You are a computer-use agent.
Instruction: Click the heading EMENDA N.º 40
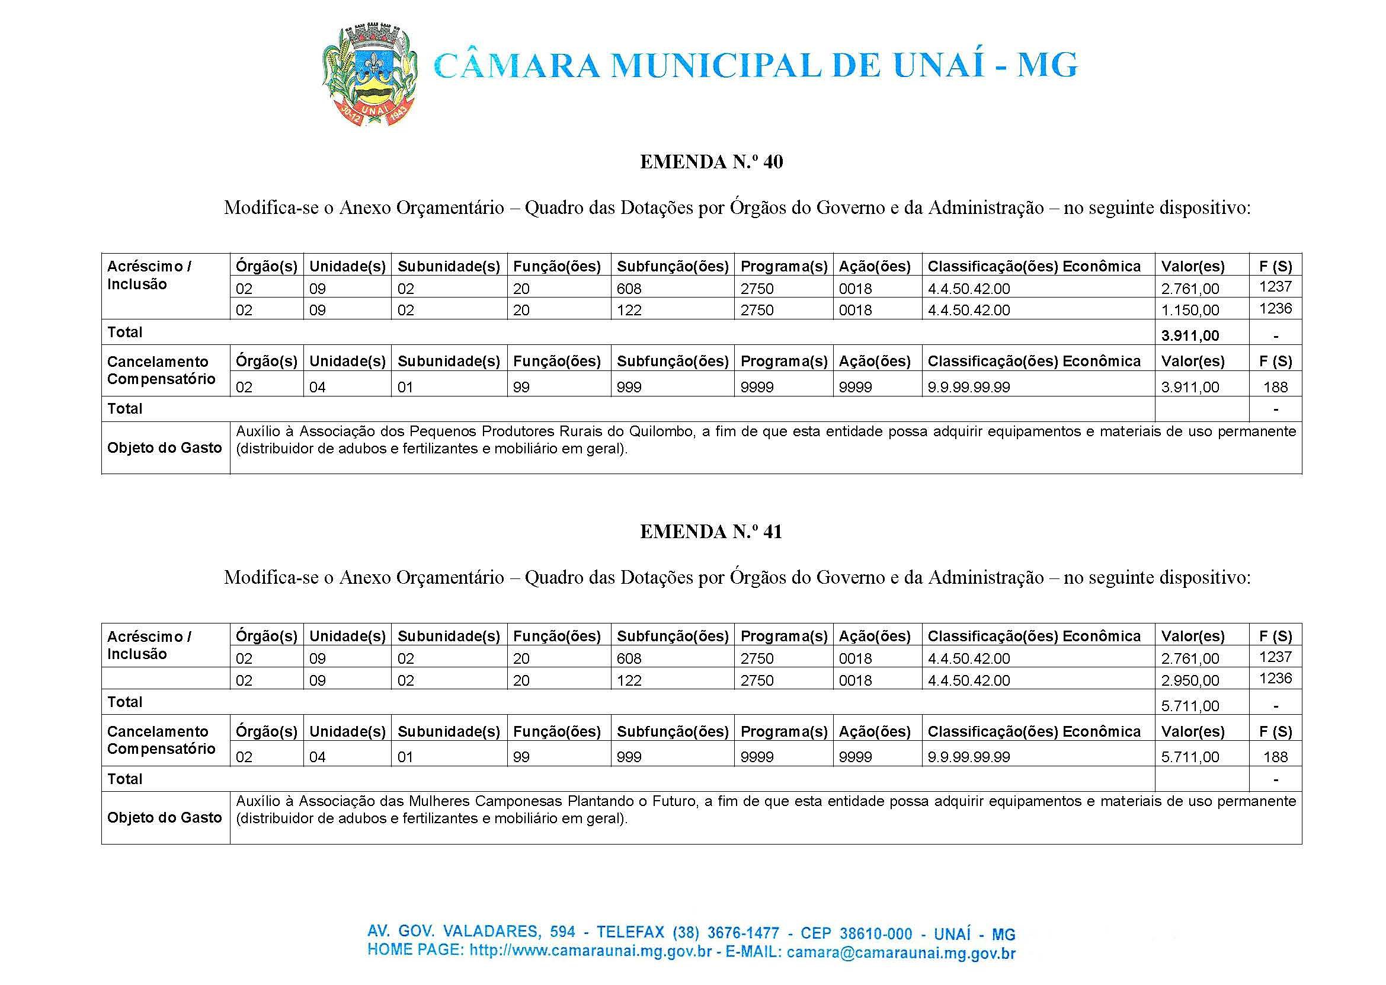711,162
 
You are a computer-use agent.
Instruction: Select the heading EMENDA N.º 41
711,532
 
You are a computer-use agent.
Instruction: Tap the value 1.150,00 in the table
1189,310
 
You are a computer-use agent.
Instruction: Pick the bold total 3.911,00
1189,335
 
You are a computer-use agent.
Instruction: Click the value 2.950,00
1189,680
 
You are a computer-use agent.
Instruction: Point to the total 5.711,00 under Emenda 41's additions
1189,705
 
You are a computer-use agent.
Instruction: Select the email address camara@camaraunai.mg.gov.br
901,954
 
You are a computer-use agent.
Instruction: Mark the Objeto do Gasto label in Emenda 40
165,447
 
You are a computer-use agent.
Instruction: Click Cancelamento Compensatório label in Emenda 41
161,740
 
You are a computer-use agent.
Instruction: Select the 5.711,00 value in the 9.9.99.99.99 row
1189,757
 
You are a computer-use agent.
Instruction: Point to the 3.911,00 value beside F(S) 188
1189,387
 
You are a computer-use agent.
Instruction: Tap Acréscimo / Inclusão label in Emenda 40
150,276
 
